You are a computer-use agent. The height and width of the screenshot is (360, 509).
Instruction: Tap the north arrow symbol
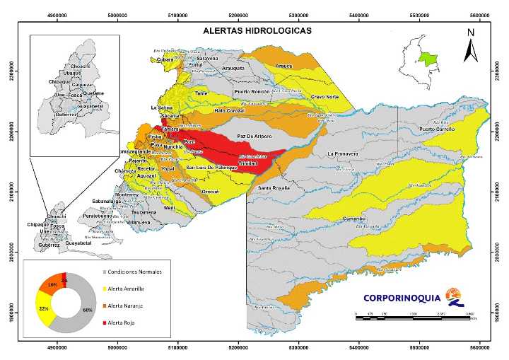click(470, 47)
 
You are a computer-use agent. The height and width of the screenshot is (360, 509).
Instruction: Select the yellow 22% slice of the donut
click(43, 308)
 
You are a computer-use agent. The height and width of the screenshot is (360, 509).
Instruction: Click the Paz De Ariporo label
click(255, 135)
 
